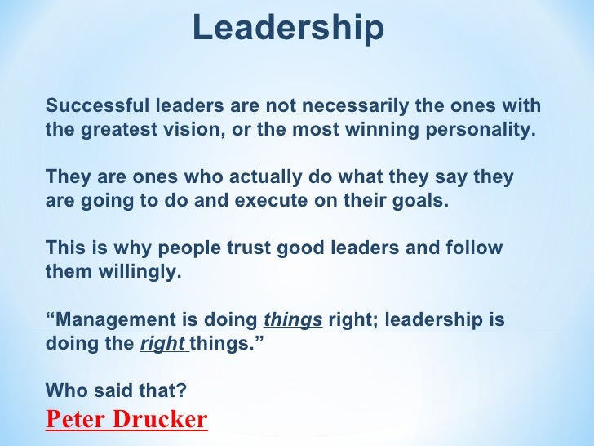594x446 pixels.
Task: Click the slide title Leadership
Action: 288,29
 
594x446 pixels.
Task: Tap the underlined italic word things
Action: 293,319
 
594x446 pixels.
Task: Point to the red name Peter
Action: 79,420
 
